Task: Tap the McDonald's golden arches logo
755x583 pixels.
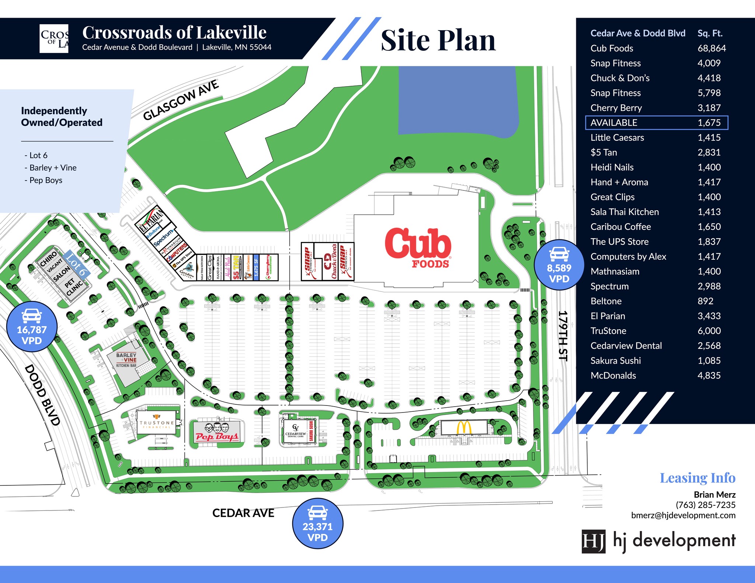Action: point(464,428)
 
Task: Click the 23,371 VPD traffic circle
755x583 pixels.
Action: point(317,523)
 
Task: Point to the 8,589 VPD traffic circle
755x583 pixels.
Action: point(559,265)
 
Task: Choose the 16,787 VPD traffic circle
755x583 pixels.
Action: point(32,327)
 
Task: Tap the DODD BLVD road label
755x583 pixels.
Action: point(42,395)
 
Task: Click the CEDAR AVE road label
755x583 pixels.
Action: point(243,513)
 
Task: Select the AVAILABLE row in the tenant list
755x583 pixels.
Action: point(656,123)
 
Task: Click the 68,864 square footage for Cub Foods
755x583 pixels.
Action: point(711,48)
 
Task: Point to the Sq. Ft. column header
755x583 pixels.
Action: point(710,34)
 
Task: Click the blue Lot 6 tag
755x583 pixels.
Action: point(77,264)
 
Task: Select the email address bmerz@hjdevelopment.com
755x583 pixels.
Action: point(683,515)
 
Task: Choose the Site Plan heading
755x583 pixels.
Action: point(438,41)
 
